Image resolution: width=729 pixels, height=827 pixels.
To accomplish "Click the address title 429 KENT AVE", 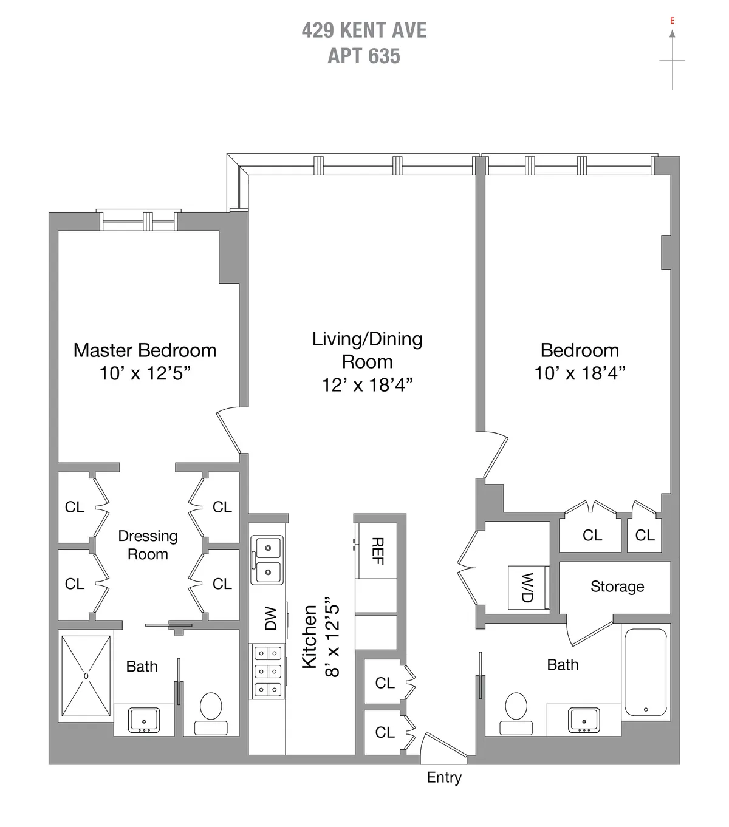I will point(364,30).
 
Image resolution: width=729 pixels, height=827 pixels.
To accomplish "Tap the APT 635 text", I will point(364,56).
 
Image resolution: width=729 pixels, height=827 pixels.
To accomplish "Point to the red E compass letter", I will point(672,21).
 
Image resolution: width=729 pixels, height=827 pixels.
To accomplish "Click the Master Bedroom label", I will point(145,350).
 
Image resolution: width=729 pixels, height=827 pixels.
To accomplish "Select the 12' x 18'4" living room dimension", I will point(367,385).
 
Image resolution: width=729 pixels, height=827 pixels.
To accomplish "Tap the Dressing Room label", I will point(148,545).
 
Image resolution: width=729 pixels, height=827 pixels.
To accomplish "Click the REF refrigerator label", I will point(377,551).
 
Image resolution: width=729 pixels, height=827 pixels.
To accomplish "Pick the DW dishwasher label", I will point(270,618).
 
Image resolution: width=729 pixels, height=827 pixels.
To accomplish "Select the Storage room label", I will point(617,587).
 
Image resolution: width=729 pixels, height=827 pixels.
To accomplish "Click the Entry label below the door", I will point(443,778).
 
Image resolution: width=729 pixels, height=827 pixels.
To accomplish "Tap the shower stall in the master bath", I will point(86,676).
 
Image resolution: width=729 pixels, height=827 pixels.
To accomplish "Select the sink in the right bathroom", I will point(584,720).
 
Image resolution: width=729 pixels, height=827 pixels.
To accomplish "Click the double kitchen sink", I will point(267,560).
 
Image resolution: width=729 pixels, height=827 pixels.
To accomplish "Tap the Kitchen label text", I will point(309,636).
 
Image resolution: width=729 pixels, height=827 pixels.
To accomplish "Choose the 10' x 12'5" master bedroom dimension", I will point(145,373).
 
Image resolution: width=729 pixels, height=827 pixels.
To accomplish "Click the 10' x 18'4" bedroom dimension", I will point(580,373).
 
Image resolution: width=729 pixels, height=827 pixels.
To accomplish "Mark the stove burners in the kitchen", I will point(267,671).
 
